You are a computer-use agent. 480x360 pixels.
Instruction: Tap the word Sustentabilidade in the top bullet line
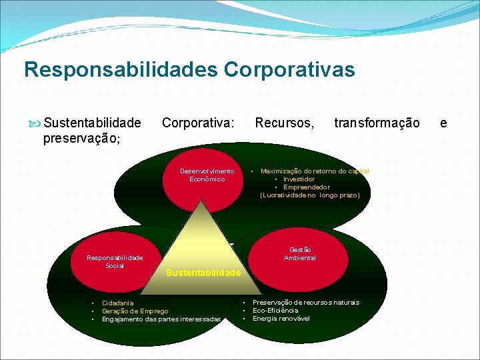92,123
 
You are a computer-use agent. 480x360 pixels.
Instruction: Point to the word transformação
377,123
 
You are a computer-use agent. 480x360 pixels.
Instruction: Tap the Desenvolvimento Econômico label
207,175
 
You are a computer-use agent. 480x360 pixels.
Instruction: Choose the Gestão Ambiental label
300,253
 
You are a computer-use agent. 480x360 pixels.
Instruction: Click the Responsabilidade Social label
115,261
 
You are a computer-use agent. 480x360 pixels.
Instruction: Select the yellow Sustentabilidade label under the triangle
203,273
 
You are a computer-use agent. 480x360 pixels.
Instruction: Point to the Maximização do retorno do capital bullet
315,171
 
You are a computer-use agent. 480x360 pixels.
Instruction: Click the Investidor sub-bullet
299,179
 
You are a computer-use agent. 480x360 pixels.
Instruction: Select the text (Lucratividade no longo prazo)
309,195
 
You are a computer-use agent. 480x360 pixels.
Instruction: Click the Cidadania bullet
117,303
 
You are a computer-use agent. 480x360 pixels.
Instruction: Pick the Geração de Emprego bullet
135,311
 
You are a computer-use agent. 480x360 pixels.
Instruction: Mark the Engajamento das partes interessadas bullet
161,319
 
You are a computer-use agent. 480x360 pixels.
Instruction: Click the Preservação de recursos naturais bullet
305,303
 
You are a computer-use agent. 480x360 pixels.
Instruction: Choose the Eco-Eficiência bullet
275,311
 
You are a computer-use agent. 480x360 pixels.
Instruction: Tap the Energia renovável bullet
281,319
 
